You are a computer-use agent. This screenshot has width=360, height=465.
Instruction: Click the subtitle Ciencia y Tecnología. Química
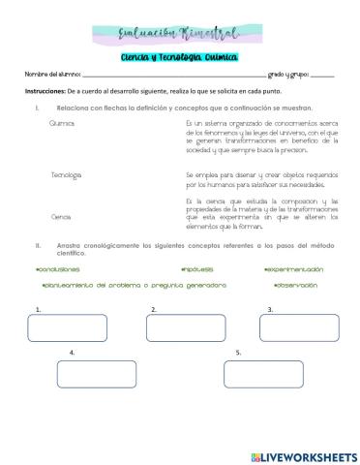click(x=181, y=57)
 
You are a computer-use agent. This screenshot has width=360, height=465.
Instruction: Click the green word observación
click(x=301, y=287)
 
